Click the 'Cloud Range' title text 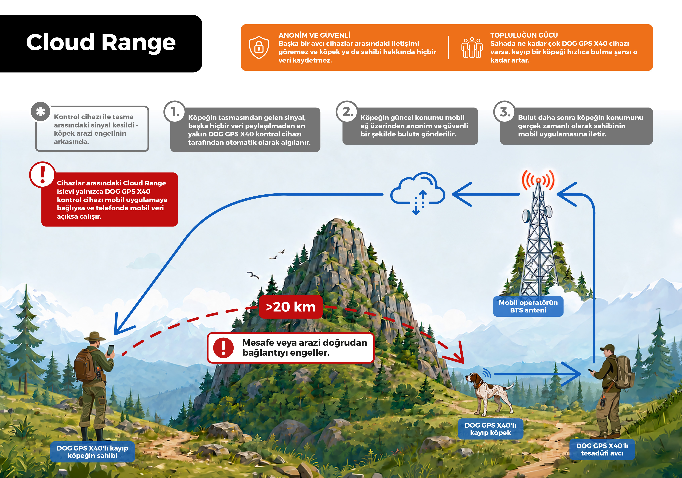pos(101,42)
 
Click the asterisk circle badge pos(41,112)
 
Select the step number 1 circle pos(175,112)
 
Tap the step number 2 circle pos(347,112)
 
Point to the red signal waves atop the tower pos(538,180)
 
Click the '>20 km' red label pos(291,307)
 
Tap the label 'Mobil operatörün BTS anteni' pos(528,306)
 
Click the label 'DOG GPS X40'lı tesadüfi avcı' pos(602,450)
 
